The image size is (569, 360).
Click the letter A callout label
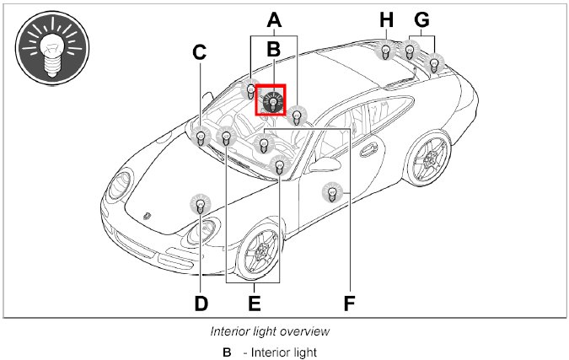tap(273, 18)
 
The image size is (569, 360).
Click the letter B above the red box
tap(272, 50)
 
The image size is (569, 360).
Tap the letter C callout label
tap(199, 52)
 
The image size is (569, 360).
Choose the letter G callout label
tap(421, 18)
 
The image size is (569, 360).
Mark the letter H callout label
tap(386, 18)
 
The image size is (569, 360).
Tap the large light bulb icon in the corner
tap(53, 49)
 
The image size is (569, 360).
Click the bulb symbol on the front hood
tap(201, 204)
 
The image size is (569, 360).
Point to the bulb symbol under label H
tap(385, 51)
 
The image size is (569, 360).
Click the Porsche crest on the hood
tap(148, 215)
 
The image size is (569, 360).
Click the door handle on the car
tap(369, 151)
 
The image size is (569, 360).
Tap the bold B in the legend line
tap(227, 352)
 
